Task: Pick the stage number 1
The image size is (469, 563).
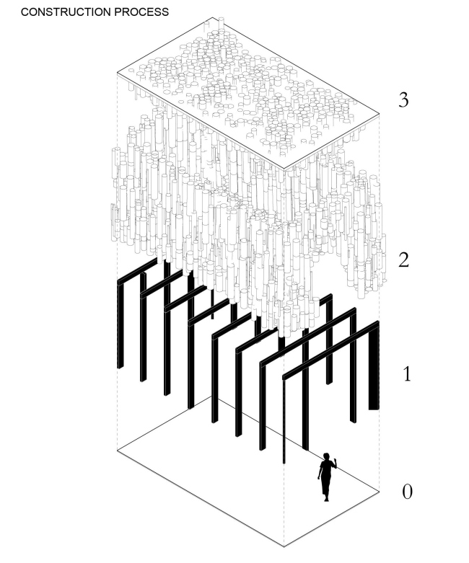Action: (x=407, y=374)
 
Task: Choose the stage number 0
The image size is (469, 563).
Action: (x=407, y=492)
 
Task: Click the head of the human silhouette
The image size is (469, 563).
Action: (x=327, y=457)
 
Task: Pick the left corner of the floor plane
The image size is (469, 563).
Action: (x=118, y=450)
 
